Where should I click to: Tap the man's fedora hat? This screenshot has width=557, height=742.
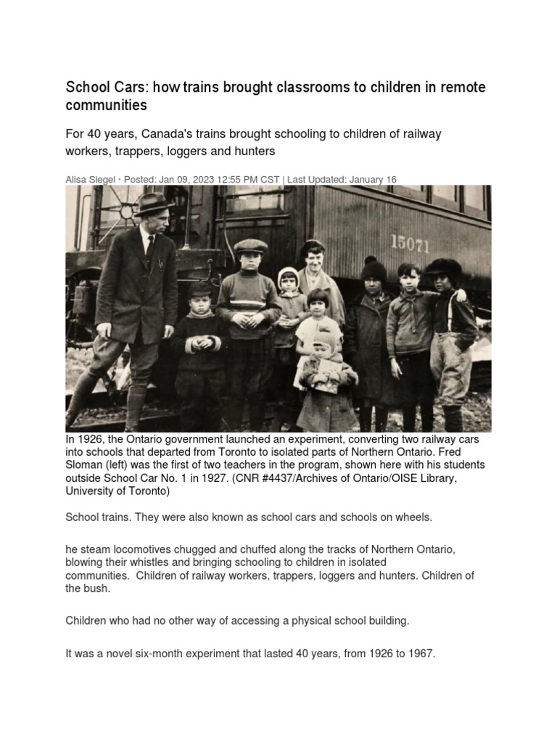tap(154, 204)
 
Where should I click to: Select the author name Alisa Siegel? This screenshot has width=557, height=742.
tap(90, 180)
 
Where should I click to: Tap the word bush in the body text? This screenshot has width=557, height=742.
tap(99, 588)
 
